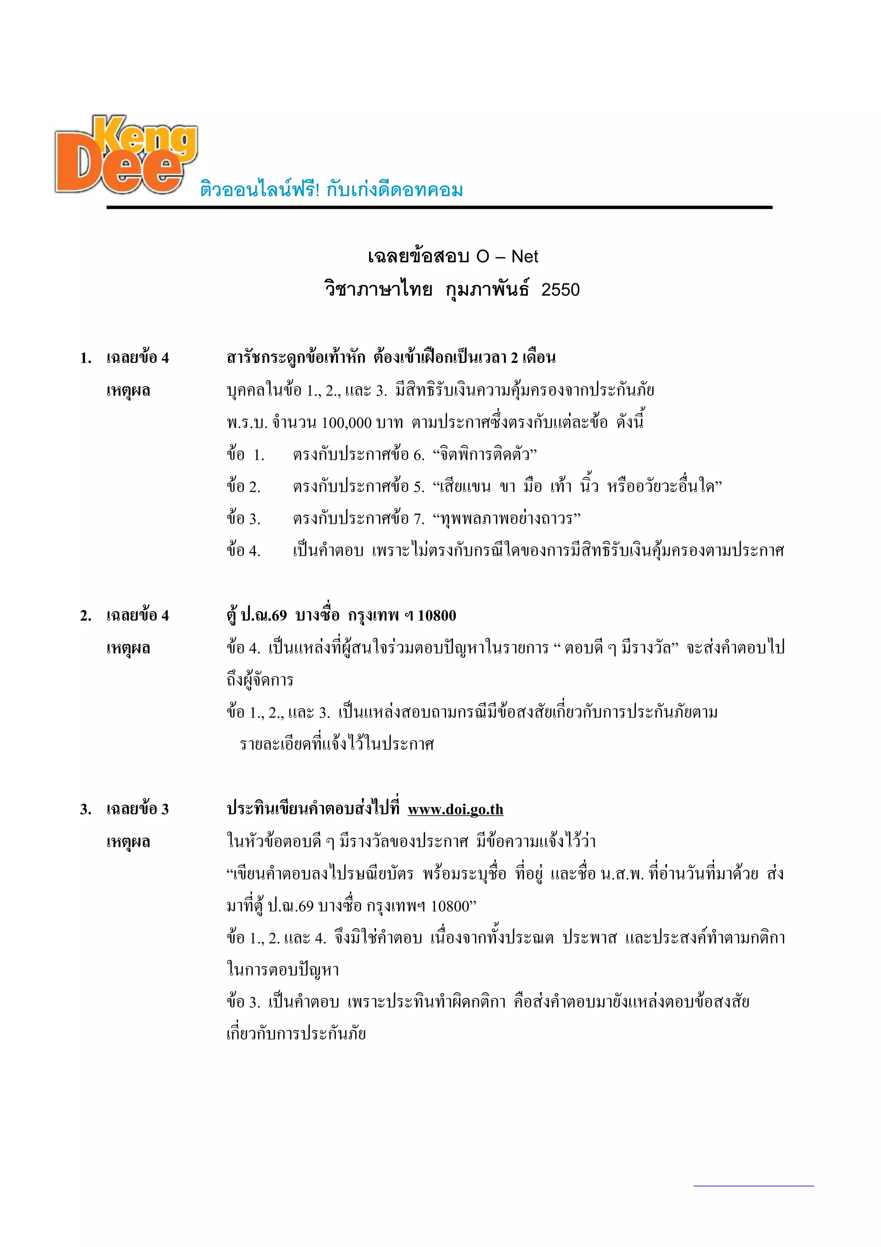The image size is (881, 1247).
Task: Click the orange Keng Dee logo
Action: [126, 154]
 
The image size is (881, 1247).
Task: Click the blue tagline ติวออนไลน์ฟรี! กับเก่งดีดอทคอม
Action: [331, 189]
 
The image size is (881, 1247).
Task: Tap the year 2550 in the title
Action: [560, 290]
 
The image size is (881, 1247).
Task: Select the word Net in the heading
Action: [524, 257]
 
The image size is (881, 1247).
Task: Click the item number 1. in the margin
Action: [86, 358]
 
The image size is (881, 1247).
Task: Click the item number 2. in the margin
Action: [86, 616]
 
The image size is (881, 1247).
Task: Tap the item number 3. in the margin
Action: [86, 809]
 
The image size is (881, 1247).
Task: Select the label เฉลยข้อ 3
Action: [137, 809]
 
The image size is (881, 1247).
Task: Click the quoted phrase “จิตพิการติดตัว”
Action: [484, 454]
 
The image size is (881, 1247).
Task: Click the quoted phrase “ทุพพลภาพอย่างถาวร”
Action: [506, 518]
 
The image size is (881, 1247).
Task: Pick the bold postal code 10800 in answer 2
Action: [437, 616]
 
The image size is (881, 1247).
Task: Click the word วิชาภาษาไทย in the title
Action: [379, 290]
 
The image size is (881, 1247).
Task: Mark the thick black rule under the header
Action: [439, 207]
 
